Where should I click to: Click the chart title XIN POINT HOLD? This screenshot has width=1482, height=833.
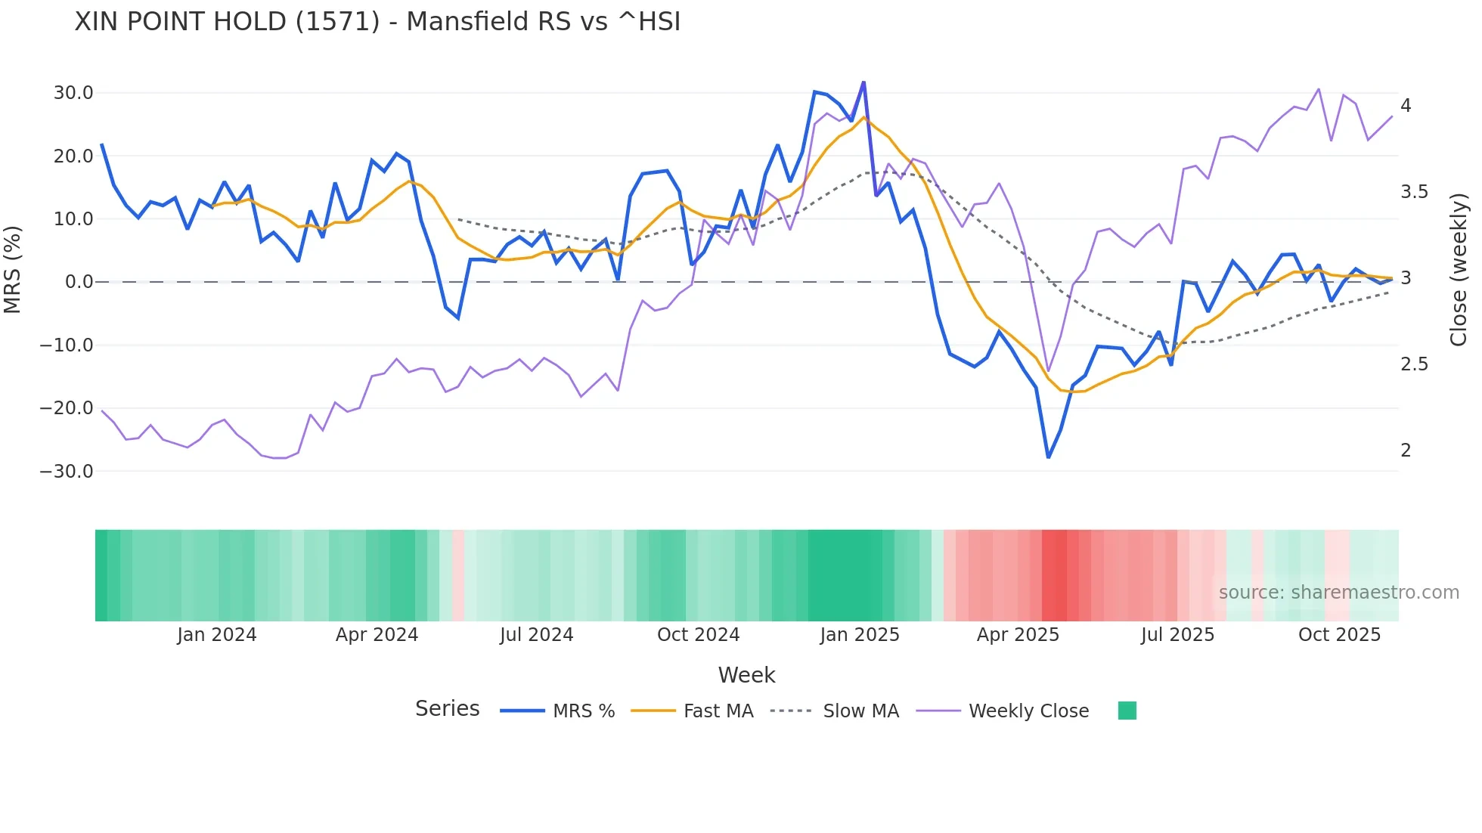click(377, 22)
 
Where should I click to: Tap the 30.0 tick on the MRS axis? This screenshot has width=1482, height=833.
click(73, 93)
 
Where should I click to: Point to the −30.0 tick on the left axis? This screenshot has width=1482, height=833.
click(67, 472)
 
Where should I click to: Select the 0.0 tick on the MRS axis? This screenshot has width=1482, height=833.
click(79, 282)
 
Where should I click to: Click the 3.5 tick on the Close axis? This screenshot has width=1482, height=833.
click(1414, 192)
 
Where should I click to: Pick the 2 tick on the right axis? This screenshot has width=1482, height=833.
click(1406, 451)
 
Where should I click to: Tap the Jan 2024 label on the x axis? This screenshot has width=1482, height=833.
click(217, 635)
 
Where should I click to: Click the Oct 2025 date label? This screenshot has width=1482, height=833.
click(1339, 635)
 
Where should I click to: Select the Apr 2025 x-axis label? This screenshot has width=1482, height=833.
click(1018, 635)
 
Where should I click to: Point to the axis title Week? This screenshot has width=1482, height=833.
click(746, 675)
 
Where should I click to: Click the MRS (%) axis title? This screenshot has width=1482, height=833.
click(13, 270)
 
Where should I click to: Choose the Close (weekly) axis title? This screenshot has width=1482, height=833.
click(1459, 270)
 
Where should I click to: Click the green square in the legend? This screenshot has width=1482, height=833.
click(1127, 711)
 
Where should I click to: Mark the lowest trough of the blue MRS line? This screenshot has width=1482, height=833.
click(1048, 457)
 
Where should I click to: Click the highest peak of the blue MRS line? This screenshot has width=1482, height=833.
click(863, 82)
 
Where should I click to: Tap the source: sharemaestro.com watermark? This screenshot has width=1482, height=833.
click(1338, 593)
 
